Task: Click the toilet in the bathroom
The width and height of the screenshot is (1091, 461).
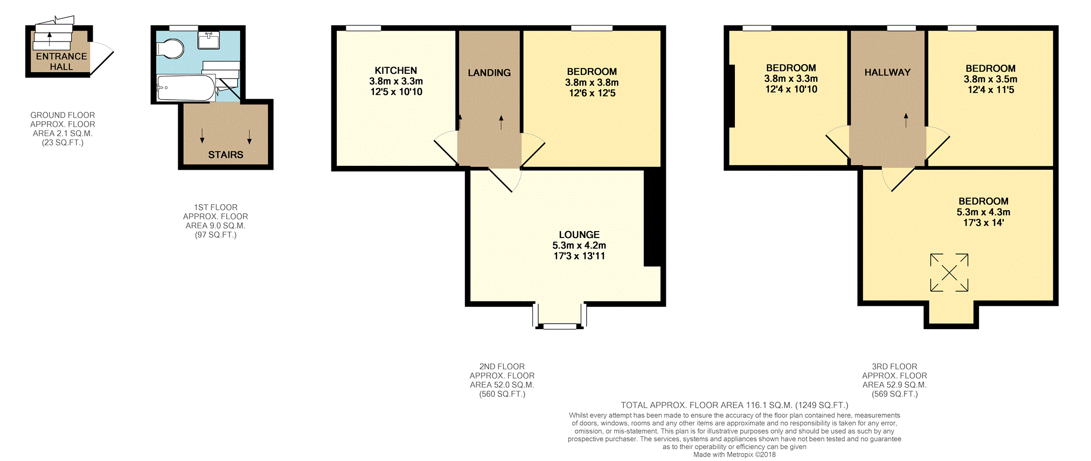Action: pos(170,48)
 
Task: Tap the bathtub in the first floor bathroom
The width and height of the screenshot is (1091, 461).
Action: pos(186,88)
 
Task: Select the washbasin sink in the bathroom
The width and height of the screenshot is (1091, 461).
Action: pos(209,40)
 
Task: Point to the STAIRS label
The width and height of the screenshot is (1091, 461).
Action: pos(225,155)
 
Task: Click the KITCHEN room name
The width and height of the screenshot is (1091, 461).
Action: pos(395,71)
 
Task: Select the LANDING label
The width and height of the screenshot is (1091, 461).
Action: pos(489,73)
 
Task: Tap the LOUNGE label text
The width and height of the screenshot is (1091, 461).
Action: pos(579,235)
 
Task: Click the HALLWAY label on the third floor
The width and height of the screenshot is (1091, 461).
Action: pos(887,72)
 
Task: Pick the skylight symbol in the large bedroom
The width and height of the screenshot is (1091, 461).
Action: pos(949,273)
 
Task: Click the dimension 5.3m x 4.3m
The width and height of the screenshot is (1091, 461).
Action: pos(983,212)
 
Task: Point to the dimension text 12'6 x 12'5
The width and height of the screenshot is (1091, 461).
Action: pos(592,93)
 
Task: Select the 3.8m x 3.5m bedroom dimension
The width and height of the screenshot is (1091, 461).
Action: pos(990,79)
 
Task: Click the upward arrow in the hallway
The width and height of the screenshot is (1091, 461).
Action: pos(906,120)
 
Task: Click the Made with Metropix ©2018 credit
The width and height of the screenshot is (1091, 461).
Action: pos(734,455)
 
